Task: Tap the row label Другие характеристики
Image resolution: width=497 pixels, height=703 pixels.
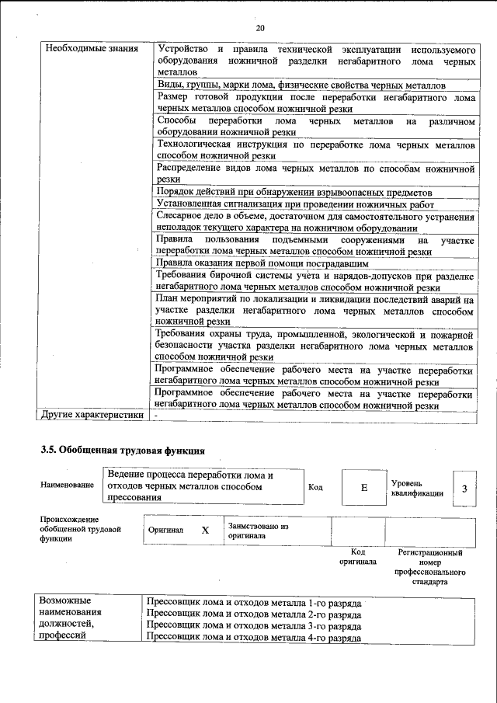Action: point(93,415)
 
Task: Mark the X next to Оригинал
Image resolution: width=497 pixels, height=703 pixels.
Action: point(205,530)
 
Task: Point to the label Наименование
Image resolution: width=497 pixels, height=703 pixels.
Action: point(66,485)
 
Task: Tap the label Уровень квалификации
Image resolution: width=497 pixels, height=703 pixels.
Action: point(416,487)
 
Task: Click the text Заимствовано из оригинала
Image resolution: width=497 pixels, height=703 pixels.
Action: point(258,531)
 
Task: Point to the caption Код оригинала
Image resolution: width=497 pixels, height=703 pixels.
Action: point(357,556)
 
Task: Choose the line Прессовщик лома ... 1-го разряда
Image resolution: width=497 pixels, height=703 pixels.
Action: point(253,602)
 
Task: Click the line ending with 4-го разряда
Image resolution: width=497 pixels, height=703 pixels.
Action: point(253,637)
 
